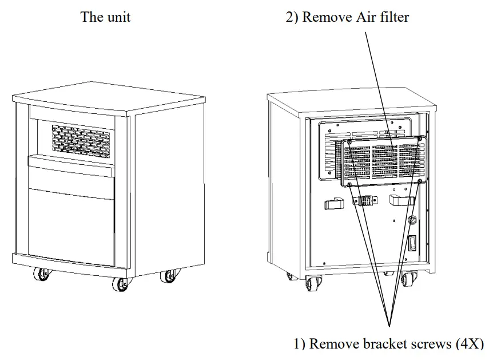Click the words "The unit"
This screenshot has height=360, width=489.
[105, 17]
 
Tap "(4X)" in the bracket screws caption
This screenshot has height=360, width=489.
[469, 344]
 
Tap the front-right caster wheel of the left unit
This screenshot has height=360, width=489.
[169, 276]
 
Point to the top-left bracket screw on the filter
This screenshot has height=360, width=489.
[349, 143]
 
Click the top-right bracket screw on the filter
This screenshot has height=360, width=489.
[421, 139]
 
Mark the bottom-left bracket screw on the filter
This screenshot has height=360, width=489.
[349, 184]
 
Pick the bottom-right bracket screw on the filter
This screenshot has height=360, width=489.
[420, 181]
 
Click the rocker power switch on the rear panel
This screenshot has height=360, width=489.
[411, 246]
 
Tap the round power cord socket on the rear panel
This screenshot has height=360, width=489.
[411, 219]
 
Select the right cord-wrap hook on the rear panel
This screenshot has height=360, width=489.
[401, 201]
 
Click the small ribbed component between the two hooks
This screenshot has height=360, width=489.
[365, 201]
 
